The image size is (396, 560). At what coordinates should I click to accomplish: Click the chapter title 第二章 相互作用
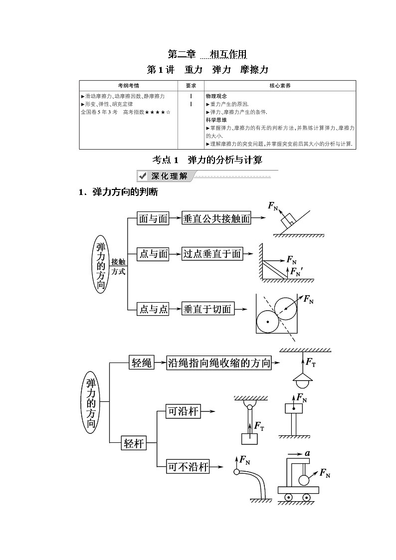[207, 54]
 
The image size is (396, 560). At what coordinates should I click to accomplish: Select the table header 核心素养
[280, 86]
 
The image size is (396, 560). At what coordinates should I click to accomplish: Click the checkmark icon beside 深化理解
[142, 176]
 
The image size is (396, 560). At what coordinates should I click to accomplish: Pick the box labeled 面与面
[153, 218]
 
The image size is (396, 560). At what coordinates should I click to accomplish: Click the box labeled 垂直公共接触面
[216, 218]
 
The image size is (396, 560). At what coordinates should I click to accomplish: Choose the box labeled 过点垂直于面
[212, 254]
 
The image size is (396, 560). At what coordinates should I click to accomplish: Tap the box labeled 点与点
[153, 309]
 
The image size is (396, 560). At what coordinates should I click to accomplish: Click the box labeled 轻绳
[141, 363]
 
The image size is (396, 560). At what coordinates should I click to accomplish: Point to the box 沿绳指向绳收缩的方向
[219, 363]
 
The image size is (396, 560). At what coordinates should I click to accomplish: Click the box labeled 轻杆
[134, 443]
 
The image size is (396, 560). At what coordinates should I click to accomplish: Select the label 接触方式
[118, 266]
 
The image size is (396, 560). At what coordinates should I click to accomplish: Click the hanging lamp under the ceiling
[302, 381]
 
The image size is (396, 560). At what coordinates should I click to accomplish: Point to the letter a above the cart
[308, 453]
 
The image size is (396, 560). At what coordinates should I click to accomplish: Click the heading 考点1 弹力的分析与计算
[207, 160]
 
